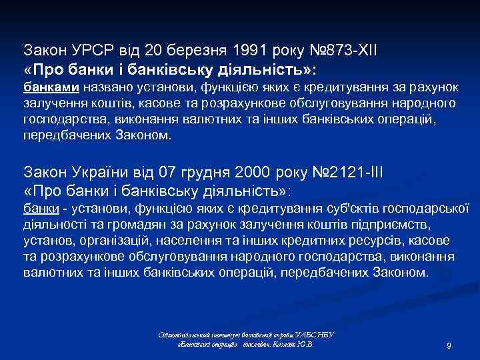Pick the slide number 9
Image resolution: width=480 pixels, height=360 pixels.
449,346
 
